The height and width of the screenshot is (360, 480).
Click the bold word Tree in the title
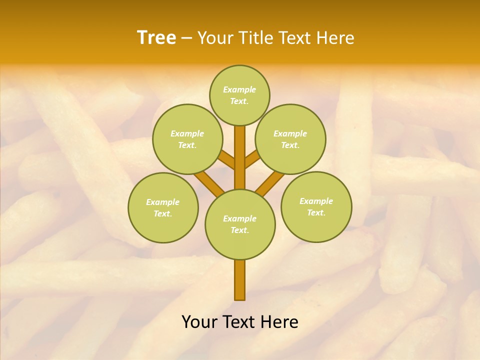pos(156,38)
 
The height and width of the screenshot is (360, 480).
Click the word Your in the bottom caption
pos(199,322)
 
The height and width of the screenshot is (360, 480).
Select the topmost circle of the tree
pos(239,95)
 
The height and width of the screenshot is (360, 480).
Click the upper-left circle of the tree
pos(187,139)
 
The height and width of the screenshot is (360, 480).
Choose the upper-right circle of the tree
pos(290,139)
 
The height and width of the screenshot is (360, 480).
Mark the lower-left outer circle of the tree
pos(163,207)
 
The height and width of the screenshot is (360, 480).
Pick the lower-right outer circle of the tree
pos(316,206)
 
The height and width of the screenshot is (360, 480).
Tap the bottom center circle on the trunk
pos(240,224)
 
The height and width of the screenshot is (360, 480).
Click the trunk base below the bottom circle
pos(240,280)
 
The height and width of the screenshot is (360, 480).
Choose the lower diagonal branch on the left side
pos(209,183)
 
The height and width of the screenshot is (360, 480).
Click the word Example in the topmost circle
pos(239,90)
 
